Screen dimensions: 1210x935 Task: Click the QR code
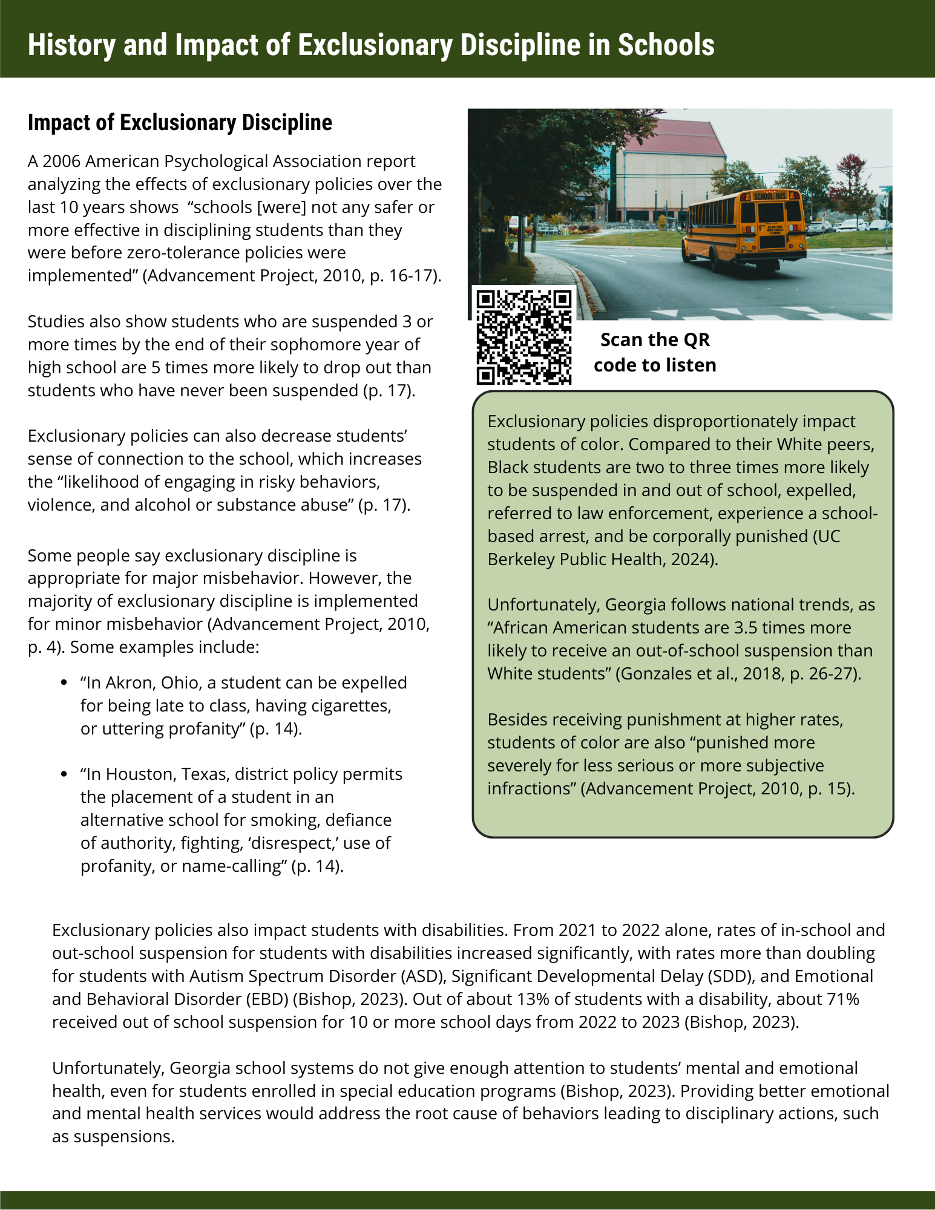pyautogui.click(x=523, y=336)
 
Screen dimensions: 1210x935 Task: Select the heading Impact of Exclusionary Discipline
pyautogui.click(x=180, y=123)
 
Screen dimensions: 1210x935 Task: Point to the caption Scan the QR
pyautogui.click(x=655, y=340)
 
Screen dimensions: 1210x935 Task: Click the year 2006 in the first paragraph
pyautogui.click(x=61, y=162)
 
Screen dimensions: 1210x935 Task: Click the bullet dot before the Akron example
pyautogui.click(x=64, y=683)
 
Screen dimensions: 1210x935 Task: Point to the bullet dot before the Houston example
pyautogui.click(x=64, y=774)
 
